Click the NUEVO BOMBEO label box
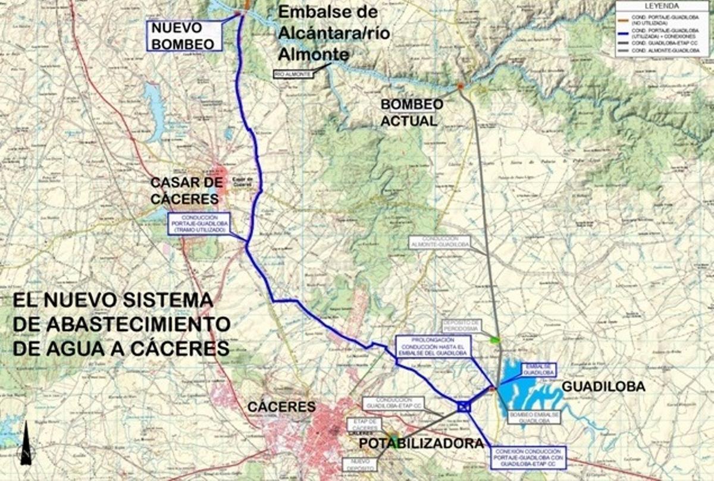[x=184, y=36]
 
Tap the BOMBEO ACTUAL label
[x=412, y=112]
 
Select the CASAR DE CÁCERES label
[x=186, y=190]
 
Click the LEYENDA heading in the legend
[x=662, y=6]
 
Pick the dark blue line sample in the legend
[x=624, y=32]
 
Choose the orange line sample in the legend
[x=624, y=16]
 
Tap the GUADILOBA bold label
[x=603, y=386]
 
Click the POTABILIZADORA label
[x=421, y=444]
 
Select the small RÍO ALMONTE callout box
[x=293, y=74]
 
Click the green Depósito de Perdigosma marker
[x=494, y=340]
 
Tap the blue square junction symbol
[x=464, y=407]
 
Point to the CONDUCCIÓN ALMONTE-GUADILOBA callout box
[x=439, y=242]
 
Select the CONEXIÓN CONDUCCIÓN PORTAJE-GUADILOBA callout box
[x=527, y=457]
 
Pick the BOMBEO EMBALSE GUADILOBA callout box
[x=534, y=416]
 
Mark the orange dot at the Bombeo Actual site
[x=460, y=86]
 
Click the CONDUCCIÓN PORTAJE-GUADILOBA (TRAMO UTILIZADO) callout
[x=199, y=224]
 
